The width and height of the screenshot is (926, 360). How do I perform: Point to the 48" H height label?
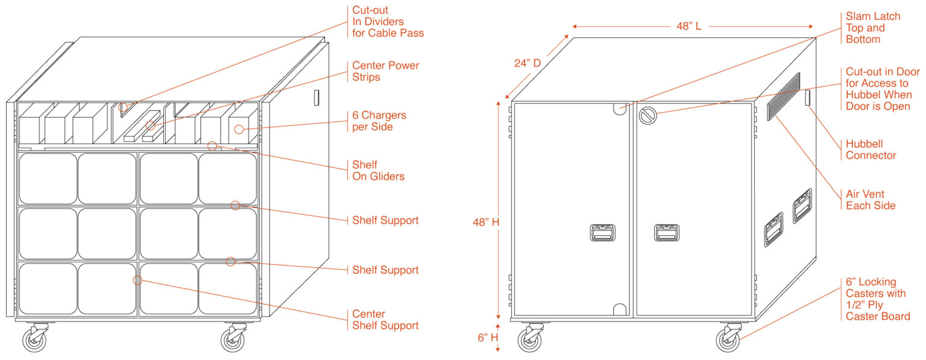[x=486, y=222]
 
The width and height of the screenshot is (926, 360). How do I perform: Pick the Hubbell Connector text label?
[x=871, y=150]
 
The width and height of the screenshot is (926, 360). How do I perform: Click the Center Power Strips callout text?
[x=385, y=71]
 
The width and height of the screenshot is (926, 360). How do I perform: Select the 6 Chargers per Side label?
[x=379, y=121]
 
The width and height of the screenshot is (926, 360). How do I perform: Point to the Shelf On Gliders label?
[x=378, y=171]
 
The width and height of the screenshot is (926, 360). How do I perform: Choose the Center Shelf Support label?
[x=385, y=320]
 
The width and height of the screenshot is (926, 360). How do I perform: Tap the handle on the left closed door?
[x=602, y=232]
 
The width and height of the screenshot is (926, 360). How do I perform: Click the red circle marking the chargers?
[x=239, y=129]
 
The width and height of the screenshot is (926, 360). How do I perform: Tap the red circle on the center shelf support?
[x=137, y=280]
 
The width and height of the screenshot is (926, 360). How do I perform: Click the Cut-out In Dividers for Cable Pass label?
[x=388, y=22]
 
